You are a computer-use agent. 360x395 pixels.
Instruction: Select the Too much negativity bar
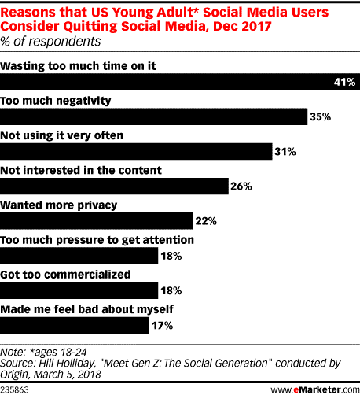(153, 116)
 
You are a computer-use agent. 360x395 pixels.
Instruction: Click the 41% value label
(346, 82)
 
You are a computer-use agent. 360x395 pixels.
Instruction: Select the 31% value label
(284, 151)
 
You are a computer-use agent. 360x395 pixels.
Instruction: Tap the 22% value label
(205, 220)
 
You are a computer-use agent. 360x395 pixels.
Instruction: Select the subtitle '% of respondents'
(46, 42)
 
